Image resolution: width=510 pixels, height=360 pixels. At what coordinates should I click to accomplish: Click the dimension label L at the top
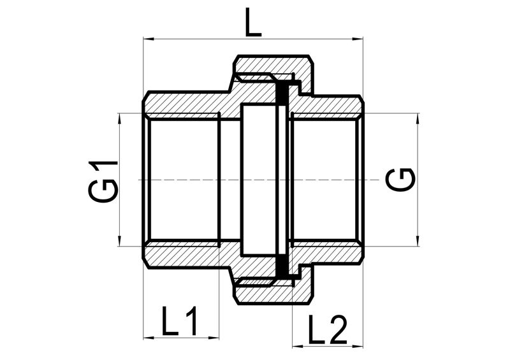tap(252, 22)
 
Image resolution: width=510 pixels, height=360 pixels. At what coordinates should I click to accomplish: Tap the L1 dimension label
tap(180, 320)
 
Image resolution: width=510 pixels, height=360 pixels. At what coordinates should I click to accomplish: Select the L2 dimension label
tap(327, 329)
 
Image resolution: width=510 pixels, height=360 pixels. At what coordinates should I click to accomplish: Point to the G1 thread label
tap(103, 180)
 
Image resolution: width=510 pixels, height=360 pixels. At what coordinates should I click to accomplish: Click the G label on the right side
tap(401, 180)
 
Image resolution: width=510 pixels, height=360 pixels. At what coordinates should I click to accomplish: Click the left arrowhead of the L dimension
tap(148, 39)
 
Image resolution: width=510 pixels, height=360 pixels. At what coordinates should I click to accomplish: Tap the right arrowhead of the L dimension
tap(358, 39)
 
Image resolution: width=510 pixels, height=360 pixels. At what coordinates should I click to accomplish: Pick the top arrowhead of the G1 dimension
tap(120, 118)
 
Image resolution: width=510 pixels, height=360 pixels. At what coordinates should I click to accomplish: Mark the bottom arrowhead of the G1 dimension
tap(120, 241)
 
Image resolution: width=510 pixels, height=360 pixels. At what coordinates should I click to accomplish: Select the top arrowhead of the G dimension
tap(418, 118)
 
